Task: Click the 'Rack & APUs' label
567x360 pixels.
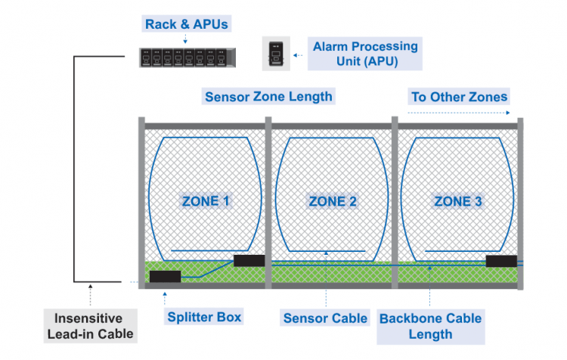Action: [x=184, y=24]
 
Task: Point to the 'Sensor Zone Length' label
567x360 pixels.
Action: [x=268, y=97]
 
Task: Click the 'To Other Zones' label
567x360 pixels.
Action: [x=459, y=97]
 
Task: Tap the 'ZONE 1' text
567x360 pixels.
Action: [x=206, y=201]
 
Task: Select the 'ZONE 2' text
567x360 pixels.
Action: [x=333, y=201]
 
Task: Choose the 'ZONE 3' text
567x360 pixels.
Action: [x=457, y=201]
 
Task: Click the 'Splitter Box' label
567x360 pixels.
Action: [x=203, y=317]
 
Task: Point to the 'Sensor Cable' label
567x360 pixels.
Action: [x=324, y=318]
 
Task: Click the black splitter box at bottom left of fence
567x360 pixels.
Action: [x=165, y=276]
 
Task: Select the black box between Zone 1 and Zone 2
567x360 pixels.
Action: [x=249, y=260]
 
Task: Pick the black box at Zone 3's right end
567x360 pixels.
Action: [x=501, y=261]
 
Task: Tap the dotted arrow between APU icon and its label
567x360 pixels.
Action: [x=298, y=54]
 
